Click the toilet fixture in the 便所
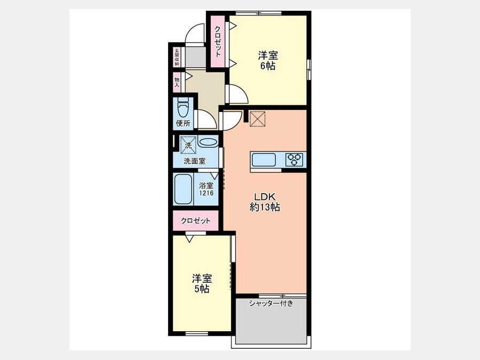point(183,108)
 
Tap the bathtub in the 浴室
point(183,189)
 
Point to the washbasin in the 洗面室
point(207,143)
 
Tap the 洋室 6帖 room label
point(268,61)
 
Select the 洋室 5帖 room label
point(202,284)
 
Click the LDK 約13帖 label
point(265,202)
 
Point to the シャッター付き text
point(271,303)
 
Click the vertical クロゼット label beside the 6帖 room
point(218,41)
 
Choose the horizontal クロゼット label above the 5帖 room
point(196,220)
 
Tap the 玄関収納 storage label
point(177,57)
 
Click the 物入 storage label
point(177,82)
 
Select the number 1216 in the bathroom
point(206,193)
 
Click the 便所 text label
point(183,123)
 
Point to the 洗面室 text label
point(194,161)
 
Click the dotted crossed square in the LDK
point(258,118)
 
